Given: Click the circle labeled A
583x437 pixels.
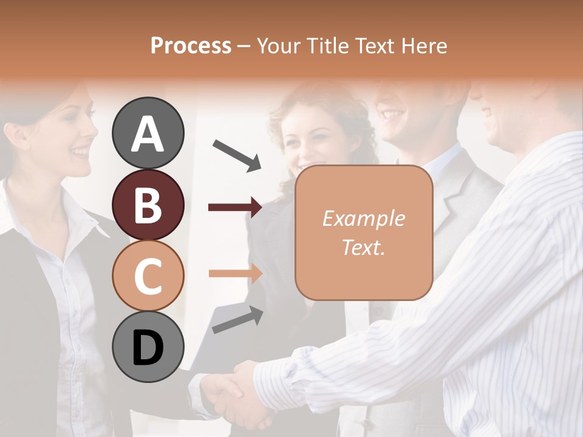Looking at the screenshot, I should (148, 133).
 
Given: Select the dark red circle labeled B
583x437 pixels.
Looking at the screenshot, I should (148, 205).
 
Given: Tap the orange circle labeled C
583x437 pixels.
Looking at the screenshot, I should (148, 276).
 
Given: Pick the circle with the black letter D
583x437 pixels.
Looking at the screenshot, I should (148, 347).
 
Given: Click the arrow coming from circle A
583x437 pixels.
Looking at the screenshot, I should (237, 155).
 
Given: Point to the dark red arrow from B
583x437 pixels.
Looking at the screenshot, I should (234, 208).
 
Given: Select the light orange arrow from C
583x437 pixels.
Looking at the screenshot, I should (234, 273).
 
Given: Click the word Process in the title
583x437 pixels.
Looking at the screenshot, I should (191, 46).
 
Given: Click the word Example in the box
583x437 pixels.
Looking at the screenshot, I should (363, 218).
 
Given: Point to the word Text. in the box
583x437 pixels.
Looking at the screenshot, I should (363, 247).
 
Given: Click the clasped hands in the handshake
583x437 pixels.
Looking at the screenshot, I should (234, 395).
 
